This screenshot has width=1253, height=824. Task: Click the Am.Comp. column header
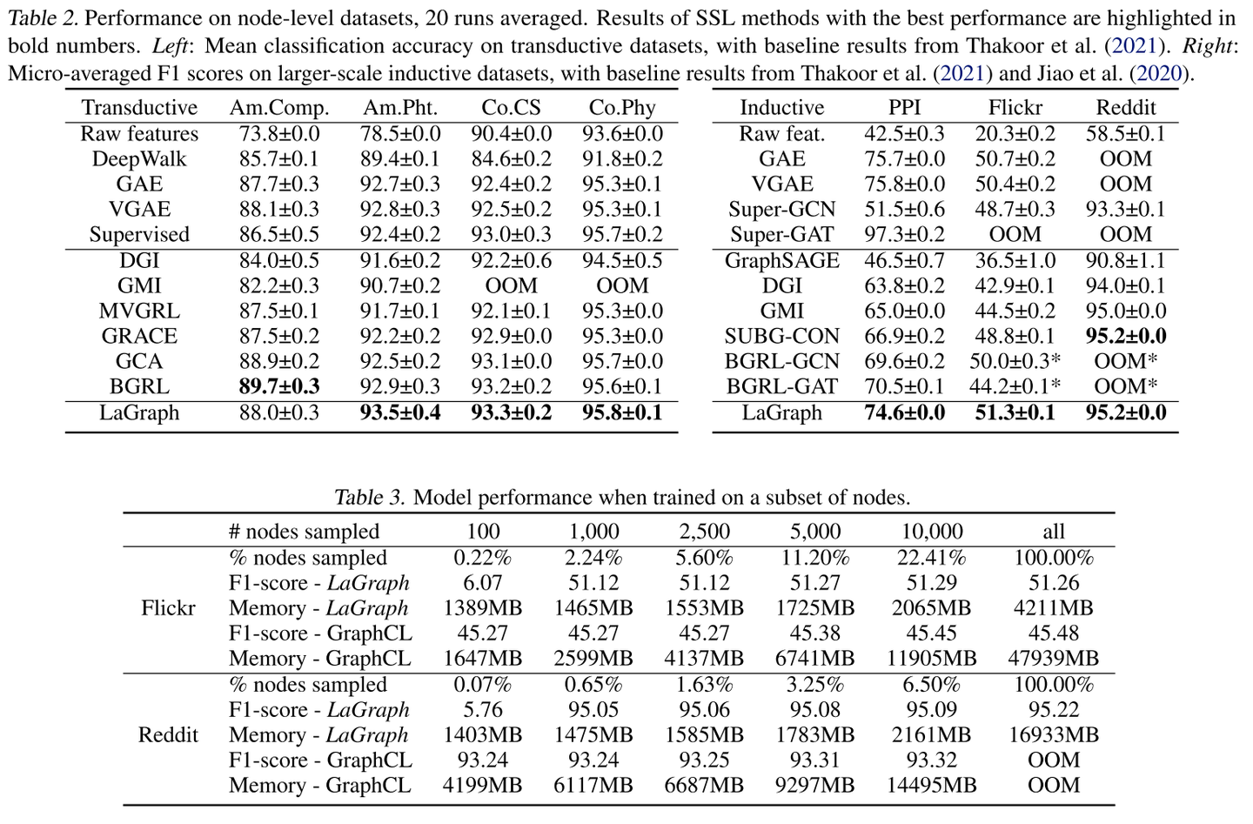(279, 108)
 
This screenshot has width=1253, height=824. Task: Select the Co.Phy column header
(622, 108)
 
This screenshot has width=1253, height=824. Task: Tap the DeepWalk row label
(139, 159)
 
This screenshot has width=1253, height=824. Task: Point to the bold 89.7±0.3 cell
(279, 387)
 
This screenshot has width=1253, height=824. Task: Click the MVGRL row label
(139, 312)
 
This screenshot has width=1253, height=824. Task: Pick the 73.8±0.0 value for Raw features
(279, 134)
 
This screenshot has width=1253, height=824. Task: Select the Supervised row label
(139, 235)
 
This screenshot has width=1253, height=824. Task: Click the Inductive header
(781, 108)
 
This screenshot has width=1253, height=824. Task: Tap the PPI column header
(904, 108)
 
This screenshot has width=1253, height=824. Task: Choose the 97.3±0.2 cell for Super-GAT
(904, 235)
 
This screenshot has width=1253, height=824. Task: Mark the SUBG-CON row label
(781, 337)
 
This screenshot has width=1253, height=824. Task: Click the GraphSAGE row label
(781, 261)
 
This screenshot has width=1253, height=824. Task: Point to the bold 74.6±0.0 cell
(904, 413)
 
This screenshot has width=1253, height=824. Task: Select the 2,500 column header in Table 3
(704, 532)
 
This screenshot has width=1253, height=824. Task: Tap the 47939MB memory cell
(1053, 659)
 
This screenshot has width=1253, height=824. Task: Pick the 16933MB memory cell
(1053, 735)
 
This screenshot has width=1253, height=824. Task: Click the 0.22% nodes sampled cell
(482, 558)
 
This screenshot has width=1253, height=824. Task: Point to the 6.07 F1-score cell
(482, 583)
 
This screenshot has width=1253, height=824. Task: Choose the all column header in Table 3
(1053, 532)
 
